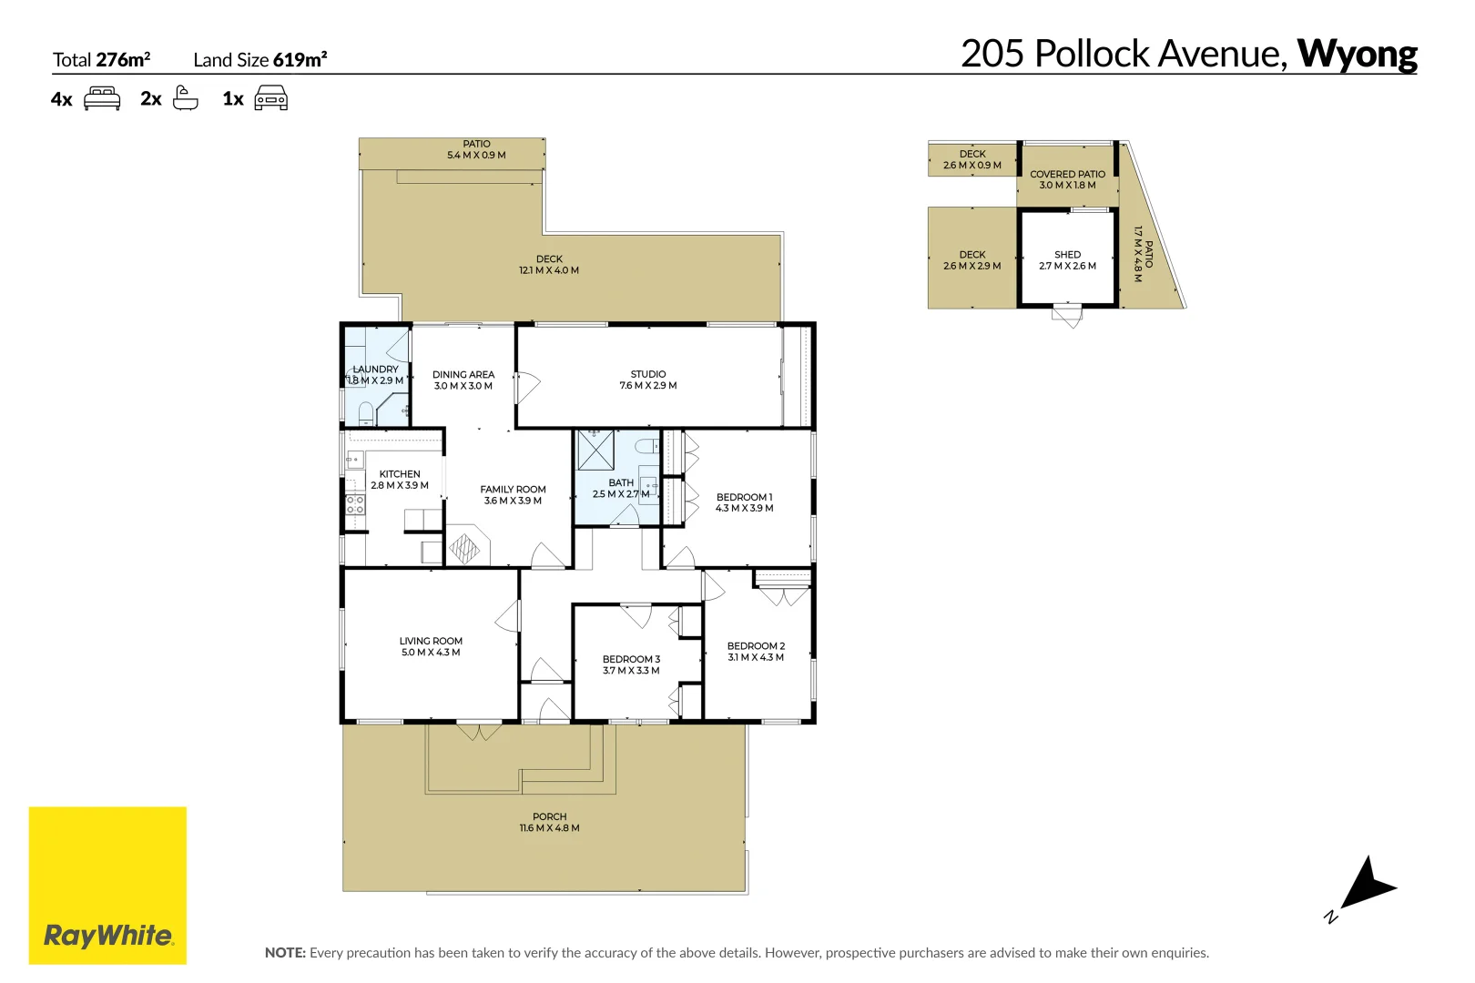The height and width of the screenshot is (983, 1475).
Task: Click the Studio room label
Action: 648,374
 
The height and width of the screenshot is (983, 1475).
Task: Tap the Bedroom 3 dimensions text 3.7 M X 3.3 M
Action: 631,671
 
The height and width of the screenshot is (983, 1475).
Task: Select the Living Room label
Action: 431,641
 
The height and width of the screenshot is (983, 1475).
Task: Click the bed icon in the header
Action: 102,98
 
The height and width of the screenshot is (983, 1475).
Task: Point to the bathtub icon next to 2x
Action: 186,98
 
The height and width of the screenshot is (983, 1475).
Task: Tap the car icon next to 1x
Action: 270,98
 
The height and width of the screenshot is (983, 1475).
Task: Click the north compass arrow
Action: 1366,883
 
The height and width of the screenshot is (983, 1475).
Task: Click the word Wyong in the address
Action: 1357,55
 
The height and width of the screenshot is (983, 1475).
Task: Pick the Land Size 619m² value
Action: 300,60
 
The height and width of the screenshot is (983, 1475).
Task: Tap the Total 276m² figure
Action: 123,60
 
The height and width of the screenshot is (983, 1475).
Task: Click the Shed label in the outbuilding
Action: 1067,255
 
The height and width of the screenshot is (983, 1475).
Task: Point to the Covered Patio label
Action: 1067,174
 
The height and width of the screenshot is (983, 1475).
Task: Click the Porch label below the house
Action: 549,816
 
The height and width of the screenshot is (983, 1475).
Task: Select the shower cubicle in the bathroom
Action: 595,450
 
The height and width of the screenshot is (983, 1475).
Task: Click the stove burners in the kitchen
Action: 355,505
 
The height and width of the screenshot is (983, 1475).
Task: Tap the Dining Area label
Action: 463,374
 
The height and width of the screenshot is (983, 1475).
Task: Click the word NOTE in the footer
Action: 285,953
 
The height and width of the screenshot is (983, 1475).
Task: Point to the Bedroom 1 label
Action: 744,497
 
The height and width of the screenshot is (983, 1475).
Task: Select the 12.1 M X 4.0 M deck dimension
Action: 549,270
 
